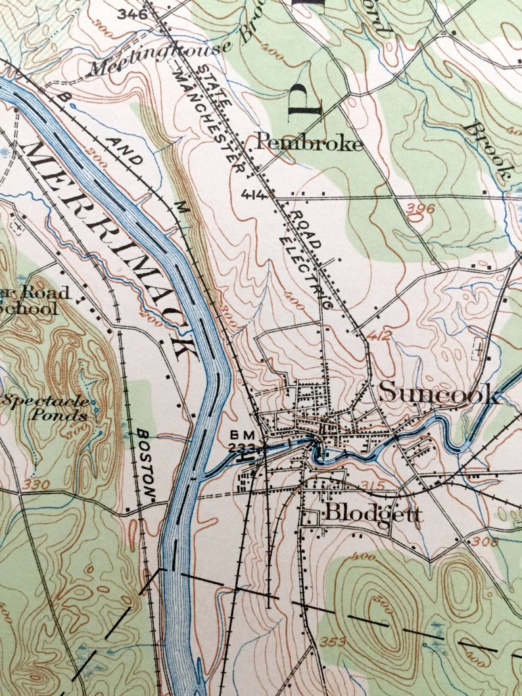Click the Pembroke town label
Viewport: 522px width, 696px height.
click(308, 142)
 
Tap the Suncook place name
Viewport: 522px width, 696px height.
click(439, 393)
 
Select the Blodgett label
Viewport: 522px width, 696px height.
click(373, 513)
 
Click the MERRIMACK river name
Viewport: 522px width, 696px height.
click(112, 246)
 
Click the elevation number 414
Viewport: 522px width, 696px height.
click(252, 195)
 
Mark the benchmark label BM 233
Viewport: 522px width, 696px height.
click(241, 441)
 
